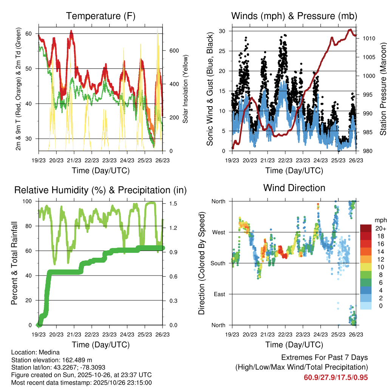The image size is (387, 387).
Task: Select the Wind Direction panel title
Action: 294,188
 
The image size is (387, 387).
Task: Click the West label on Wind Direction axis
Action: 218,232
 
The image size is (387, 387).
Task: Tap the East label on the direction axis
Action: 219,294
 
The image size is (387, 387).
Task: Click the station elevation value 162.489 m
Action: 75,360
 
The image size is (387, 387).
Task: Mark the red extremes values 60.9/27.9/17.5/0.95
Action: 336,377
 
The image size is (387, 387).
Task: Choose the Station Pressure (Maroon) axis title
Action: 382,89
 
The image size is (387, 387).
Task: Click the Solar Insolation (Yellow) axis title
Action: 186,89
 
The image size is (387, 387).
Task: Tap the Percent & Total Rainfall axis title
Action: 14,263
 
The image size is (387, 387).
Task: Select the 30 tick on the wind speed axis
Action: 224,31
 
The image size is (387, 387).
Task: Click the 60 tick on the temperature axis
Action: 29,34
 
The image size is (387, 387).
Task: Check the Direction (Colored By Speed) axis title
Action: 201,263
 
